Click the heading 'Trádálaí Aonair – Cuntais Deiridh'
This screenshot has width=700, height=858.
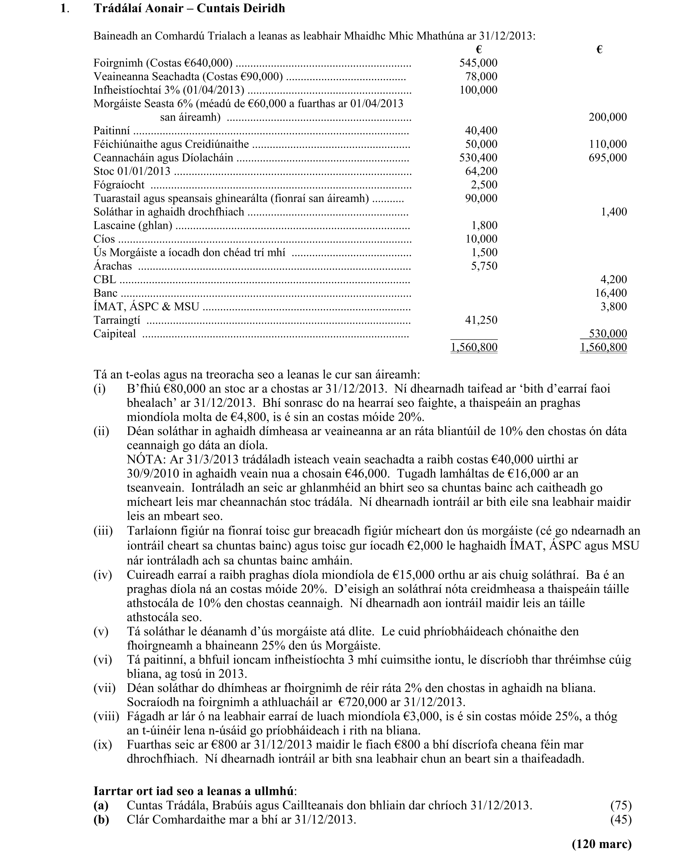pos(189,8)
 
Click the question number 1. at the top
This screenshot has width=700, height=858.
pos(65,8)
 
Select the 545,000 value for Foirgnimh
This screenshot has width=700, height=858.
pos(478,63)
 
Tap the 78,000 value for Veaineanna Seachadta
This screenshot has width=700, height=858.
pos(481,76)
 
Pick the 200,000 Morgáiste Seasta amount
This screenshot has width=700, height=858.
pos(608,117)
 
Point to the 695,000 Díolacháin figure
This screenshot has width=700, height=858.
pos(608,158)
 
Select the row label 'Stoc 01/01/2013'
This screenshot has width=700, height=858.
pos(132,171)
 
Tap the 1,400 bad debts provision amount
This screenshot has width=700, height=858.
pos(614,212)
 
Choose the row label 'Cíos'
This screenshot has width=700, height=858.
pos(104,239)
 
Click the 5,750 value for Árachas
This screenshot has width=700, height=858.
pos(484,266)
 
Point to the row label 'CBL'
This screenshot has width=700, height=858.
pos(104,280)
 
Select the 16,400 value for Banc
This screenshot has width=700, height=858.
pos(611,293)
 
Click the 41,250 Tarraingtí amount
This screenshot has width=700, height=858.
pos(481,320)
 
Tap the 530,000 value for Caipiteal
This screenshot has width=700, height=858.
pos(608,334)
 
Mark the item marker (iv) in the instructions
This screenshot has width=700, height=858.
pos(103,574)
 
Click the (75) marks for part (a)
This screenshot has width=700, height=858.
pos(621,805)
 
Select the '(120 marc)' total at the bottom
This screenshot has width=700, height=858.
pos(601,844)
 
